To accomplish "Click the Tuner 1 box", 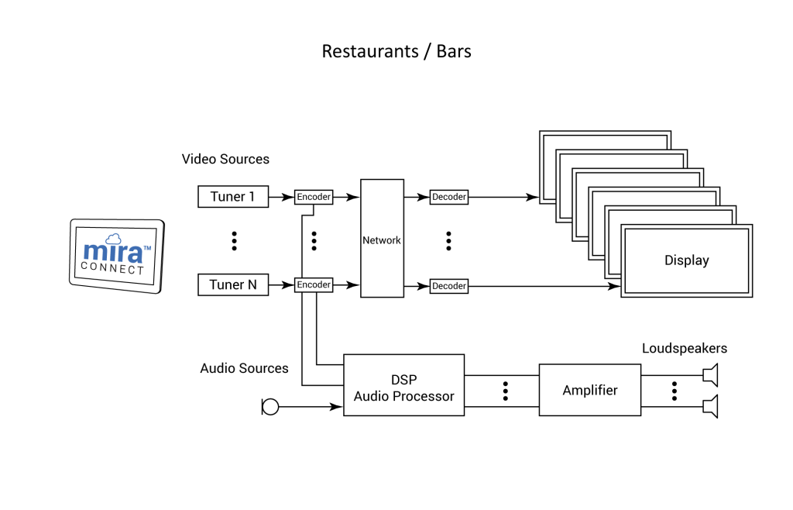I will [232, 197].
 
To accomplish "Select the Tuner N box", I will [232, 285].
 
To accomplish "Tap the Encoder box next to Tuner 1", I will [314, 197].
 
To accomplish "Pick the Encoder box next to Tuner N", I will [314, 285].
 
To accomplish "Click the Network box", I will [382, 239].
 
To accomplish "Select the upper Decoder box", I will [449, 197].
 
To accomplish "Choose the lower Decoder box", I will [449, 286].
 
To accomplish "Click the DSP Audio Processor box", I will [403, 385].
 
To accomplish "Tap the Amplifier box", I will [590, 390].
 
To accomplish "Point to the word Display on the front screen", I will [686, 260].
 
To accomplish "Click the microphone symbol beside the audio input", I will [269, 406].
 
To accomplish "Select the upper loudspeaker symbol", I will [710, 375].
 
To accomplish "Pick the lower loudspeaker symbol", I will [710, 406].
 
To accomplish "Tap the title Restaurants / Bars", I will [396, 52].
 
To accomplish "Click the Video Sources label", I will [225, 159].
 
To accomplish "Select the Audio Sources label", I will [244, 368].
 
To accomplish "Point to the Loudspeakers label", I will [684, 348].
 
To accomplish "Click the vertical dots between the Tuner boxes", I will [234, 241].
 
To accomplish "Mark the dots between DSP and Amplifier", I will [505, 391].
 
